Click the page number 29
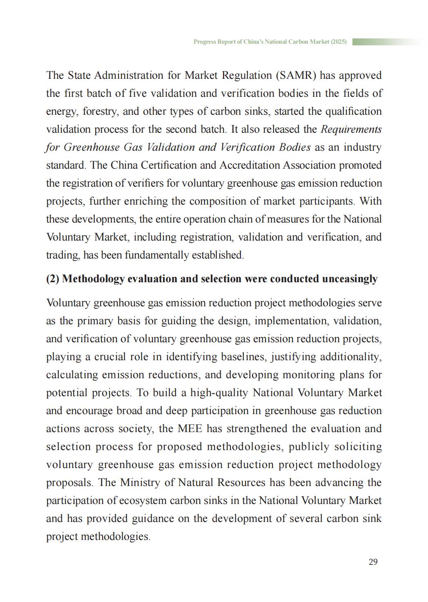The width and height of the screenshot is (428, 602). pos(373,562)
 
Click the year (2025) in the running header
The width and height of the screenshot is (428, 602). pos(339,42)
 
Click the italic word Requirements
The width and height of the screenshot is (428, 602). pos(351,129)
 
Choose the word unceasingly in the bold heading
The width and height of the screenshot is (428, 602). pos(350,279)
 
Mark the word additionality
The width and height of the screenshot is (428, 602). pos(350,357)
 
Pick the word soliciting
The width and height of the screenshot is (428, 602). pos(358,447)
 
